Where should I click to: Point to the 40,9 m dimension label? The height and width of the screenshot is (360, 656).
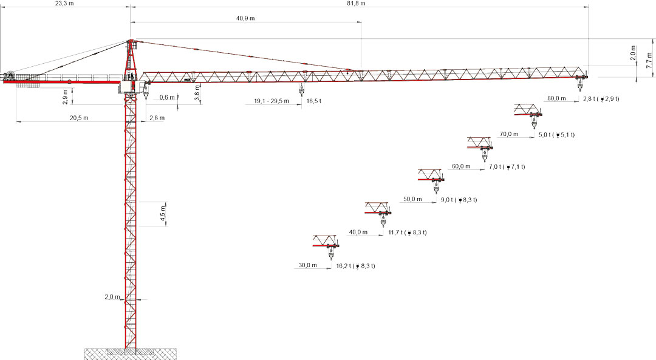[x=245, y=18]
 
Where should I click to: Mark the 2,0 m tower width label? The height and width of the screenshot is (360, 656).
[x=113, y=297]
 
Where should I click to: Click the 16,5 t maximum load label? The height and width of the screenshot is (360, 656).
[x=314, y=101]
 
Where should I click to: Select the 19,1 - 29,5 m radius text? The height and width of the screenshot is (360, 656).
[x=272, y=101]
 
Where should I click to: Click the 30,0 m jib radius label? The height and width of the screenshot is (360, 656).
[x=307, y=265]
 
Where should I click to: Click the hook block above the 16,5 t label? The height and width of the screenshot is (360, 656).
[x=300, y=91]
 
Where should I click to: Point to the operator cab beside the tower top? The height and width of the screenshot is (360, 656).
[x=128, y=86]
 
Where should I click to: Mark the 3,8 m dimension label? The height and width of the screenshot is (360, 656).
[x=197, y=95]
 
